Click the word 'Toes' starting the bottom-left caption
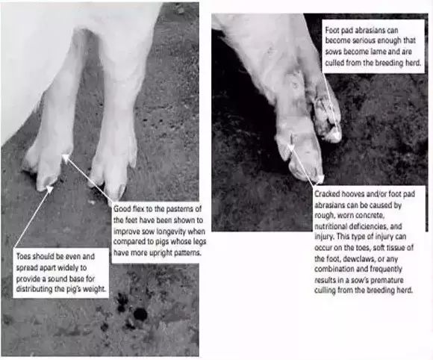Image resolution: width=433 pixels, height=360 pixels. click(23, 256)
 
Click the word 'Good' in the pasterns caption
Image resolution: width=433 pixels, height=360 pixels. click(122, 208)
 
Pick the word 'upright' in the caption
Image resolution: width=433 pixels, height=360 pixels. click(149, 252)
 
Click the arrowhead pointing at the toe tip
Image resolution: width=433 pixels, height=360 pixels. click(50, 189)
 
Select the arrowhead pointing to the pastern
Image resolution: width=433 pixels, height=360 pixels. click(66, 158)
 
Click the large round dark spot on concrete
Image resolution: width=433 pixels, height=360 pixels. click(140, 314)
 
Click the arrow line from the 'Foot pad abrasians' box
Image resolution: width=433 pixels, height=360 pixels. click(330, 102)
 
